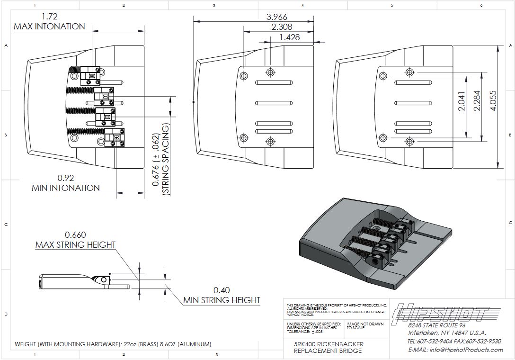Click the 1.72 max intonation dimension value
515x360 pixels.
click(49, 17)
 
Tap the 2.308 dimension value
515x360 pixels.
click(282, 27)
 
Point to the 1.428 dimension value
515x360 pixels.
click(289, 37)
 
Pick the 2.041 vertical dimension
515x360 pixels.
click(462, 101)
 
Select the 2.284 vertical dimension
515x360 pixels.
click(477, 101)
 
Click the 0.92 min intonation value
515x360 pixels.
click(65, 178)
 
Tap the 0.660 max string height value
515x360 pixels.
click(75, 235)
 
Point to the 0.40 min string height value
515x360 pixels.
click(222, 290)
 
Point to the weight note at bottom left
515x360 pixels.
click(113, 344)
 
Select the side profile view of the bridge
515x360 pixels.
click(83, 281)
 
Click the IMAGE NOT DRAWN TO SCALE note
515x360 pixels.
click(364, 326)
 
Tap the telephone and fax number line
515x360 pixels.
click(454, 341)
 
